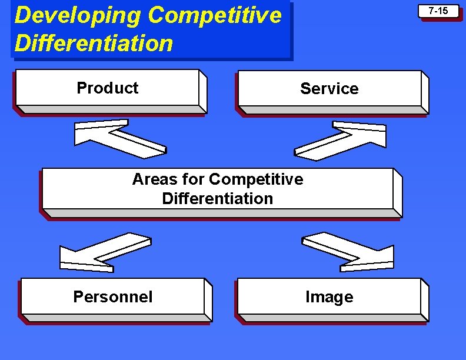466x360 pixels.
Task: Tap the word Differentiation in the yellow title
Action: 94,43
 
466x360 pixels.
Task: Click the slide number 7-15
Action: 438,11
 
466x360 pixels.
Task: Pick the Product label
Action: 107,88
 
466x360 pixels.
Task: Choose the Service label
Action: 329,89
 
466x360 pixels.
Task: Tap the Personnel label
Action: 112,297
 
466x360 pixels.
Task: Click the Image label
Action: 329,297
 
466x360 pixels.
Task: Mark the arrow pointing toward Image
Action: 348,252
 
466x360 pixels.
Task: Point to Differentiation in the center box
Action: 218,199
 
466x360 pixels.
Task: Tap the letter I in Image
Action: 308,297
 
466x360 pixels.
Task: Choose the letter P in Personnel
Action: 78,297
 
